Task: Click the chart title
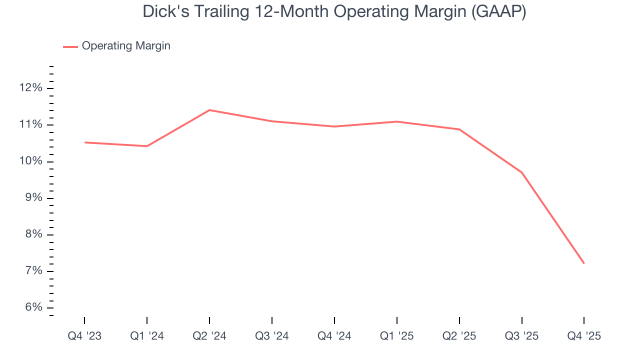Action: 334,11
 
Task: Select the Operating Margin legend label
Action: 126,46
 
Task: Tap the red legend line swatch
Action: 70,46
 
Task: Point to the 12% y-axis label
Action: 30,88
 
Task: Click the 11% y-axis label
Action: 30,124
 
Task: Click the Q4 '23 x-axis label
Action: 84,336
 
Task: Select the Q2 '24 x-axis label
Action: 209,336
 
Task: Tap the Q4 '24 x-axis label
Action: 334,336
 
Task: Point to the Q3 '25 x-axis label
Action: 521,336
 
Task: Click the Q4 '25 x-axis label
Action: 584,336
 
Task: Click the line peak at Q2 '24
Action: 209,110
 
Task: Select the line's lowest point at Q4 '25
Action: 584,263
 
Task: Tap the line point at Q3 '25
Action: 521,172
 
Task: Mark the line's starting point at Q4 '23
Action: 84,142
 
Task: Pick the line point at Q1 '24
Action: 147,146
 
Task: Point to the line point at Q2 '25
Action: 459,129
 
